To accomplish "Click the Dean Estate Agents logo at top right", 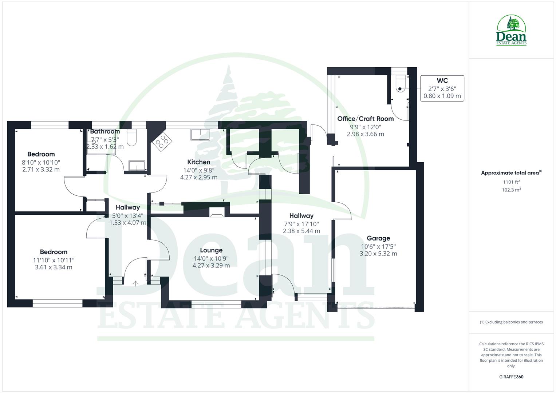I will click(511, 31).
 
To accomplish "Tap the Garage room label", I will click(378, 238).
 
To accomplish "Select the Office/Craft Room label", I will click(365, 119).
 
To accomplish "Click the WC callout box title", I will click(442, 81).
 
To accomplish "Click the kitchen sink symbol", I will click(200, 134).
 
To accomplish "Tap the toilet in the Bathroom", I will click(131, 138).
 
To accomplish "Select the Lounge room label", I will click(211, 250).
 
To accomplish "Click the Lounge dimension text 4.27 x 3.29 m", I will click(211, 266).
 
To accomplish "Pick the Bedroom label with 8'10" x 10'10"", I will click(41, 154).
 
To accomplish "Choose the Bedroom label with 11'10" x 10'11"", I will click(54, 252).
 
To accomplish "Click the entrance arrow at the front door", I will click(135, 283).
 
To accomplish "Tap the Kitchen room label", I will click(199, 162).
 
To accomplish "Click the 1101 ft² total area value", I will click(511, 182).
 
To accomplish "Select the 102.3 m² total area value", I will click(511, 190).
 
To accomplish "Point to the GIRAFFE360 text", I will click(511, 377).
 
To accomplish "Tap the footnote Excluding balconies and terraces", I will click(511, 322).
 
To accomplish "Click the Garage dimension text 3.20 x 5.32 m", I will click(378, 254).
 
